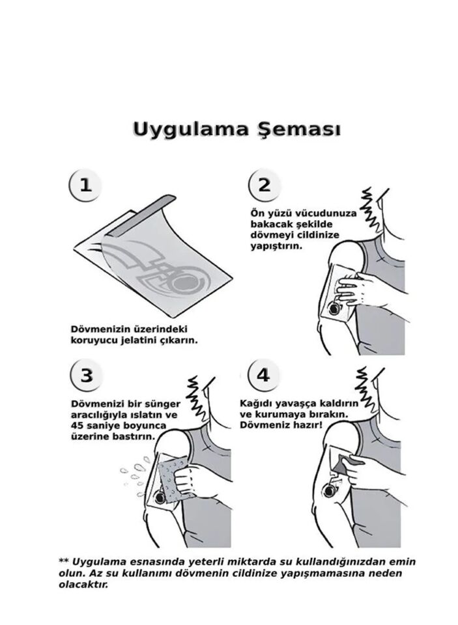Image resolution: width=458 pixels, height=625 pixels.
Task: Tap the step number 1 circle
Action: (x=85, y=184)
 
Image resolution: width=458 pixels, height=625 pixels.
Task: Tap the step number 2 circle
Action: (x=264, y=184)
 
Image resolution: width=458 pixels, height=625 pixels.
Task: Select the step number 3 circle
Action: (x=85, y=375)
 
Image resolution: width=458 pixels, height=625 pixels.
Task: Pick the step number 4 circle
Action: (x=263, y=375)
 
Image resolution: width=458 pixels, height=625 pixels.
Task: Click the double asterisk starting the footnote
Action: (x=64, y=562)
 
